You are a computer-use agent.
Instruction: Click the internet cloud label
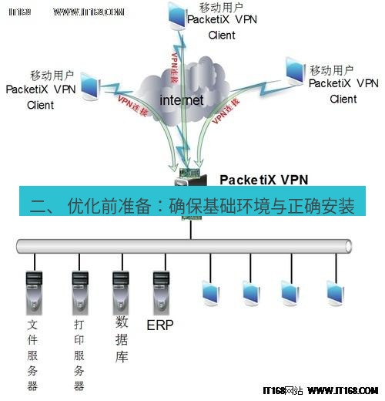tap(181, 100)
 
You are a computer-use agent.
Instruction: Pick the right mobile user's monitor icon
tap(295, 70)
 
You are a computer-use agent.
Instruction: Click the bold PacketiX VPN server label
tap(263, 180)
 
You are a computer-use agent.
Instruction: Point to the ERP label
tap(160, 325)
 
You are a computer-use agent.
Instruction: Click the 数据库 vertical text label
tap(122, 339)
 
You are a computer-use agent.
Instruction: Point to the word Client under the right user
tap(343, 99)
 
